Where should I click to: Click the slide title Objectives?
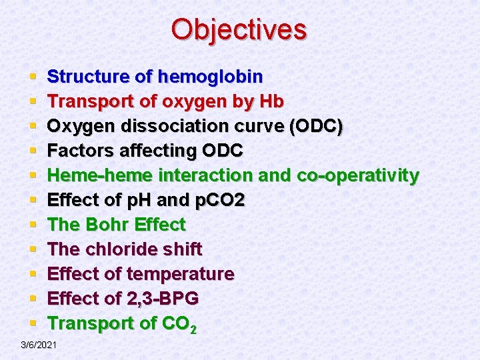(239, 29)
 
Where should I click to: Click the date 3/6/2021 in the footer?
(39, 345)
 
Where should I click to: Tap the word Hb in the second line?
(273, 101)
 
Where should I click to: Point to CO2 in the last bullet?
(179, 324)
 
